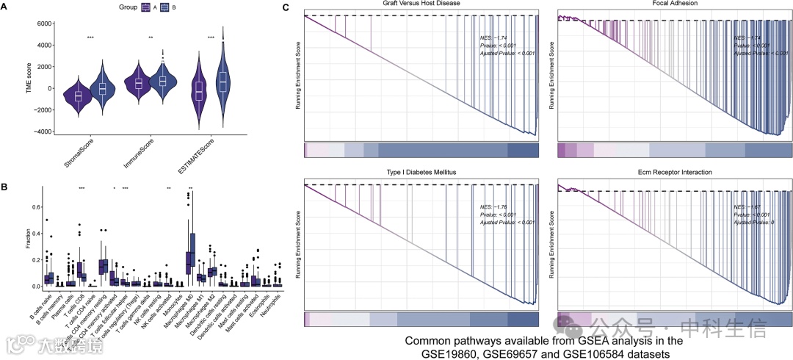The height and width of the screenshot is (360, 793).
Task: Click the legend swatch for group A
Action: tap(145, 7)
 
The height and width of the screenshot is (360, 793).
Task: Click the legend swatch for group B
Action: tap(165, 7)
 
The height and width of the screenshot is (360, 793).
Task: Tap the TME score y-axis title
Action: tap(10, 77)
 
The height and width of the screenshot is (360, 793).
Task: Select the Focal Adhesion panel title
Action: tap(675, 4)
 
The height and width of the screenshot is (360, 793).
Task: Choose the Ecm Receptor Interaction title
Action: tap(675, 170)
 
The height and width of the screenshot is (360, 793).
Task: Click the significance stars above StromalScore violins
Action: tap(90, 37)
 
